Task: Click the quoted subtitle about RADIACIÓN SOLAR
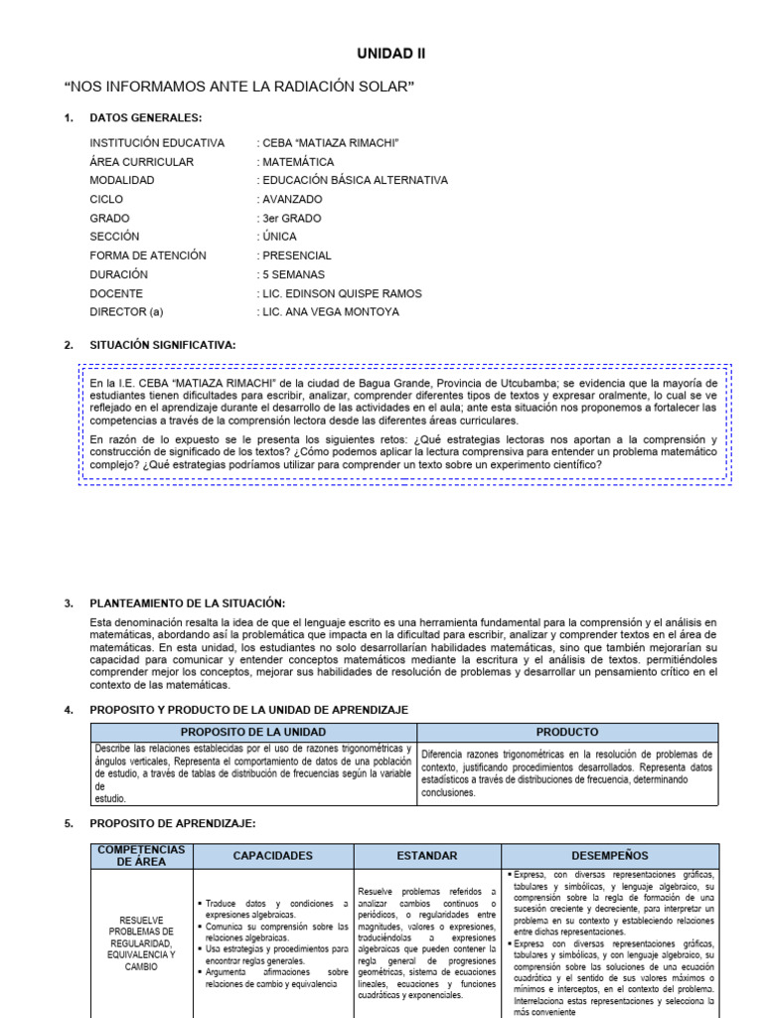pos(238,87)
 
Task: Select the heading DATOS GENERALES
pos(145,117)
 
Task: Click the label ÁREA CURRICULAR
pos(141,162)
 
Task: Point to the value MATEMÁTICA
pos(296,162)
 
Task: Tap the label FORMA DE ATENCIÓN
pos(147,255)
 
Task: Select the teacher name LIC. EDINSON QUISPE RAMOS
pos(340,293)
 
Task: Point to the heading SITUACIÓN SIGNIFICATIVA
pos(162,345)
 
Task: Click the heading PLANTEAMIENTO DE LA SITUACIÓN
pos(187,603)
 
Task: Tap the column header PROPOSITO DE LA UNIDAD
pos(252,732)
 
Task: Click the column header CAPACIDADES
pos(272,855)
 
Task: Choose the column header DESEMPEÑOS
pos(609,855)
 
